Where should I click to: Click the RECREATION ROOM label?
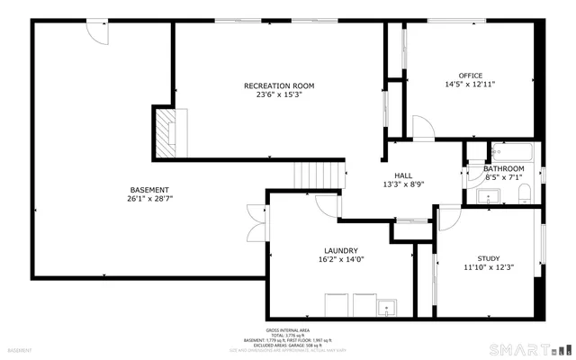point(278,86)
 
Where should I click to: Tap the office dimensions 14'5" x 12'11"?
point(470,85)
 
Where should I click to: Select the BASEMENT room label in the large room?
point(149,189)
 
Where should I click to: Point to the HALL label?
point(403,175)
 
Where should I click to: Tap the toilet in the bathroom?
point(526,191)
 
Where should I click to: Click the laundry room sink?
point(388,306)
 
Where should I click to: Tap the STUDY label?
point(488,258)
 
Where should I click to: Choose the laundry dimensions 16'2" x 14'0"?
point(342,259)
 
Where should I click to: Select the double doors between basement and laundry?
point(256,220)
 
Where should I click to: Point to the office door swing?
point(421,129)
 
